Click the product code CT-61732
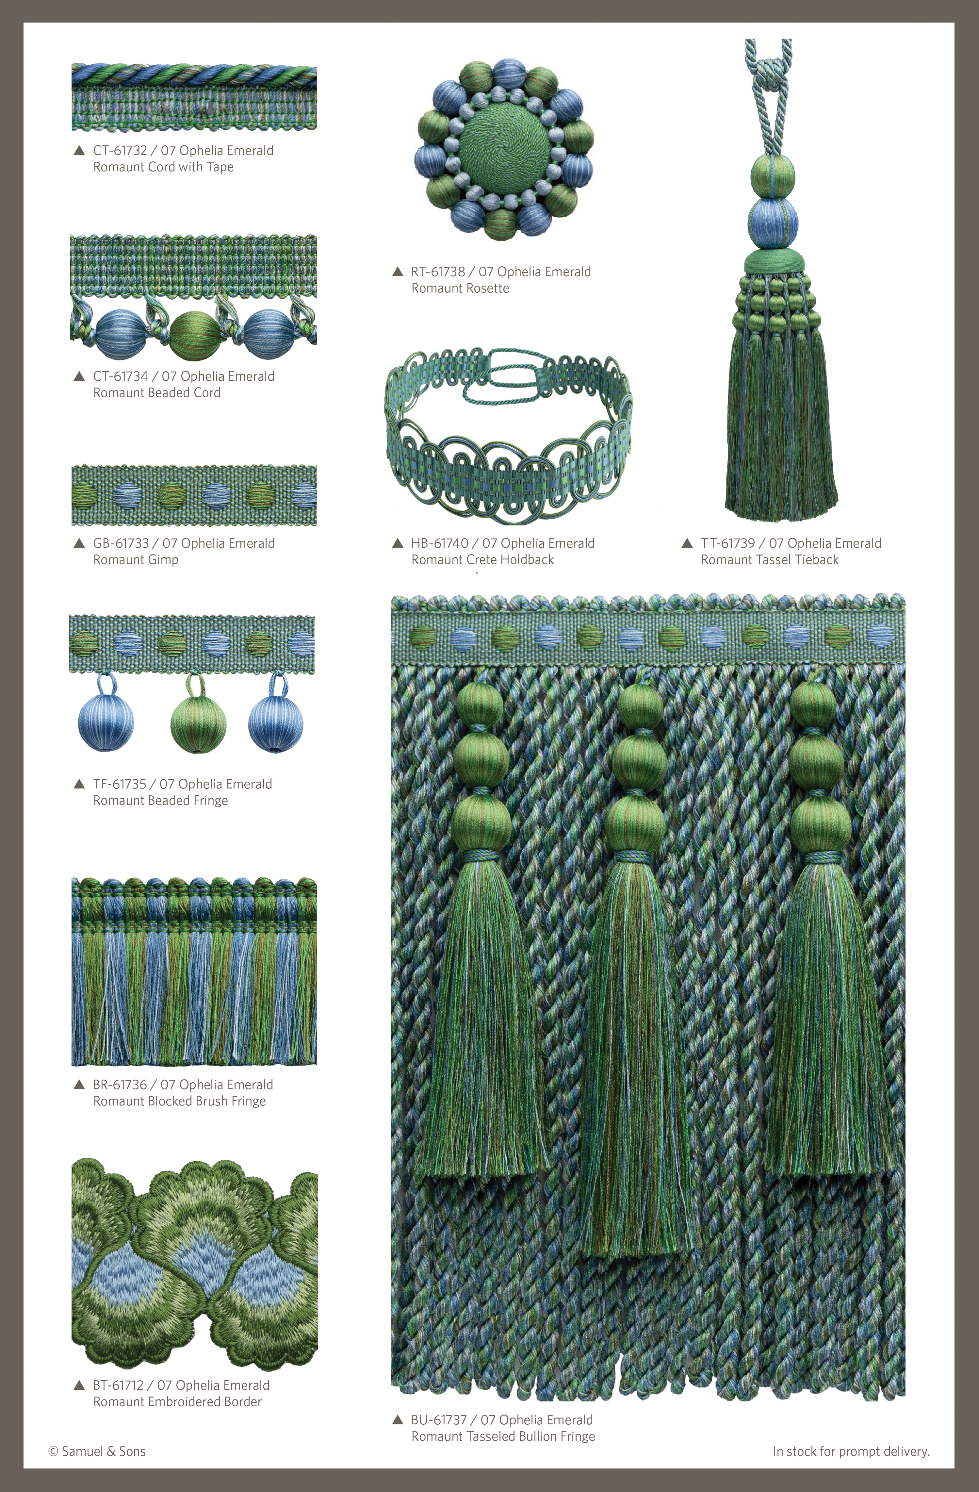point(120,150)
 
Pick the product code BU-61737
point(439,1420)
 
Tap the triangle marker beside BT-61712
point(79,1385)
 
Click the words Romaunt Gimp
point(135,560)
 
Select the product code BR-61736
point(120,1085)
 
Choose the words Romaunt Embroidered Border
point(177,1402)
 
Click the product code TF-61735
point(119,784)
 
